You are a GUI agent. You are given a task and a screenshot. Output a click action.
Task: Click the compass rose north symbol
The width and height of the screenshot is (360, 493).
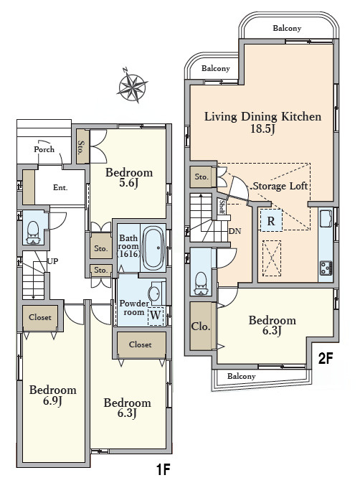click(132, 85)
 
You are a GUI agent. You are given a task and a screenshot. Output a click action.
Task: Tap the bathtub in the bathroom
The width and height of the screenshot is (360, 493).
click(153, 248)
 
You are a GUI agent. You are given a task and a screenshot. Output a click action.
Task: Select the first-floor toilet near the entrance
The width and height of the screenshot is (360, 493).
click(33, 233)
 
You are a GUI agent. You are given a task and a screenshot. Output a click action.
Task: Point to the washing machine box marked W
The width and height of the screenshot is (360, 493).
click(156, 316)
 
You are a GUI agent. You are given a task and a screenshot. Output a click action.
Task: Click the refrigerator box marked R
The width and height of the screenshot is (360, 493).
click(271, 221)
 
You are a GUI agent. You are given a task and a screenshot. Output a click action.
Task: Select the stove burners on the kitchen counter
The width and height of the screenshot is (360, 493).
click(326, 268)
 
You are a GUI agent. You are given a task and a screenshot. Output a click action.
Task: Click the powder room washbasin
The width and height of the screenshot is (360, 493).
click(154, 294)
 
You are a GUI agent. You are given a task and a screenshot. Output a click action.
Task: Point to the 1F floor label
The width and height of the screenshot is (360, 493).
click(164, 470)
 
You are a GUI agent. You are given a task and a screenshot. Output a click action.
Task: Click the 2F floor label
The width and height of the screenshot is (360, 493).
click(326, 358)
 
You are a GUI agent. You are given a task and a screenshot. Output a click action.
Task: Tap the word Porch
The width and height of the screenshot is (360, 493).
click(44, 149)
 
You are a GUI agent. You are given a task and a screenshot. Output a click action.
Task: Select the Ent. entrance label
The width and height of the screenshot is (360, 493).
click(60, 188)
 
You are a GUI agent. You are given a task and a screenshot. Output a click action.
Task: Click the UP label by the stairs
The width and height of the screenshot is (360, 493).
click(52, 261)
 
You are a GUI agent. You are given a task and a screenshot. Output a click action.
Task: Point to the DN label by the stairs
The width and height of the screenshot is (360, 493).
click(235, 231)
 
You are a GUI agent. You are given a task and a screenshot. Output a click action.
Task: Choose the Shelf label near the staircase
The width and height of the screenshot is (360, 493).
click(222, 207)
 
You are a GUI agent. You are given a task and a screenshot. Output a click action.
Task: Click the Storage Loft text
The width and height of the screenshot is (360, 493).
click(280, 186)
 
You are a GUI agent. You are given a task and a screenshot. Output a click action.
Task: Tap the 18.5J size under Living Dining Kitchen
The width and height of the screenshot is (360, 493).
click(263, 128)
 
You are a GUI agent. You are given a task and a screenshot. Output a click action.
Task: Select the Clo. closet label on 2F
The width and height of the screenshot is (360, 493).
click(201, 327)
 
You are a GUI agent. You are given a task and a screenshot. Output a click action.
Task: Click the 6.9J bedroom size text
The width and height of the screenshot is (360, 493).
click(53, 401)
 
